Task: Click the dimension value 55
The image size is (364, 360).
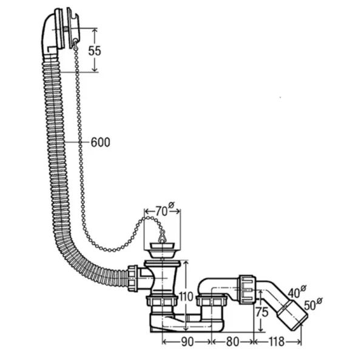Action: (95, 50)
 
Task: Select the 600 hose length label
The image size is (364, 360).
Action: (100, 142)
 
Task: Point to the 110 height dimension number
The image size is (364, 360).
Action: (186, 296)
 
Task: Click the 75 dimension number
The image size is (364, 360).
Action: (262, 312)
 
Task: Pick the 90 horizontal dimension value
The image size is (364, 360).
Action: (187, 342)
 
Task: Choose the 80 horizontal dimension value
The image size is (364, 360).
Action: (232, 342)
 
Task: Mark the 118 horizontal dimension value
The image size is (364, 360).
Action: (276, 342)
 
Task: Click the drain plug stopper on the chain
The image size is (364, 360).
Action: (162, 250)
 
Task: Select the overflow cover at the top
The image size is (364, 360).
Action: (73, 28)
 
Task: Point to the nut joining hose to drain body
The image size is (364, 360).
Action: (132, 278)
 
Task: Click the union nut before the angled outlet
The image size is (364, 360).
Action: (248, 289)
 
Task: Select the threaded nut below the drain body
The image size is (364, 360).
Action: (162, 301)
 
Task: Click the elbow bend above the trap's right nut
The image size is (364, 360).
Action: (207, 285)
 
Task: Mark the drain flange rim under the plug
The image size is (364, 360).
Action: (163, 263)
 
